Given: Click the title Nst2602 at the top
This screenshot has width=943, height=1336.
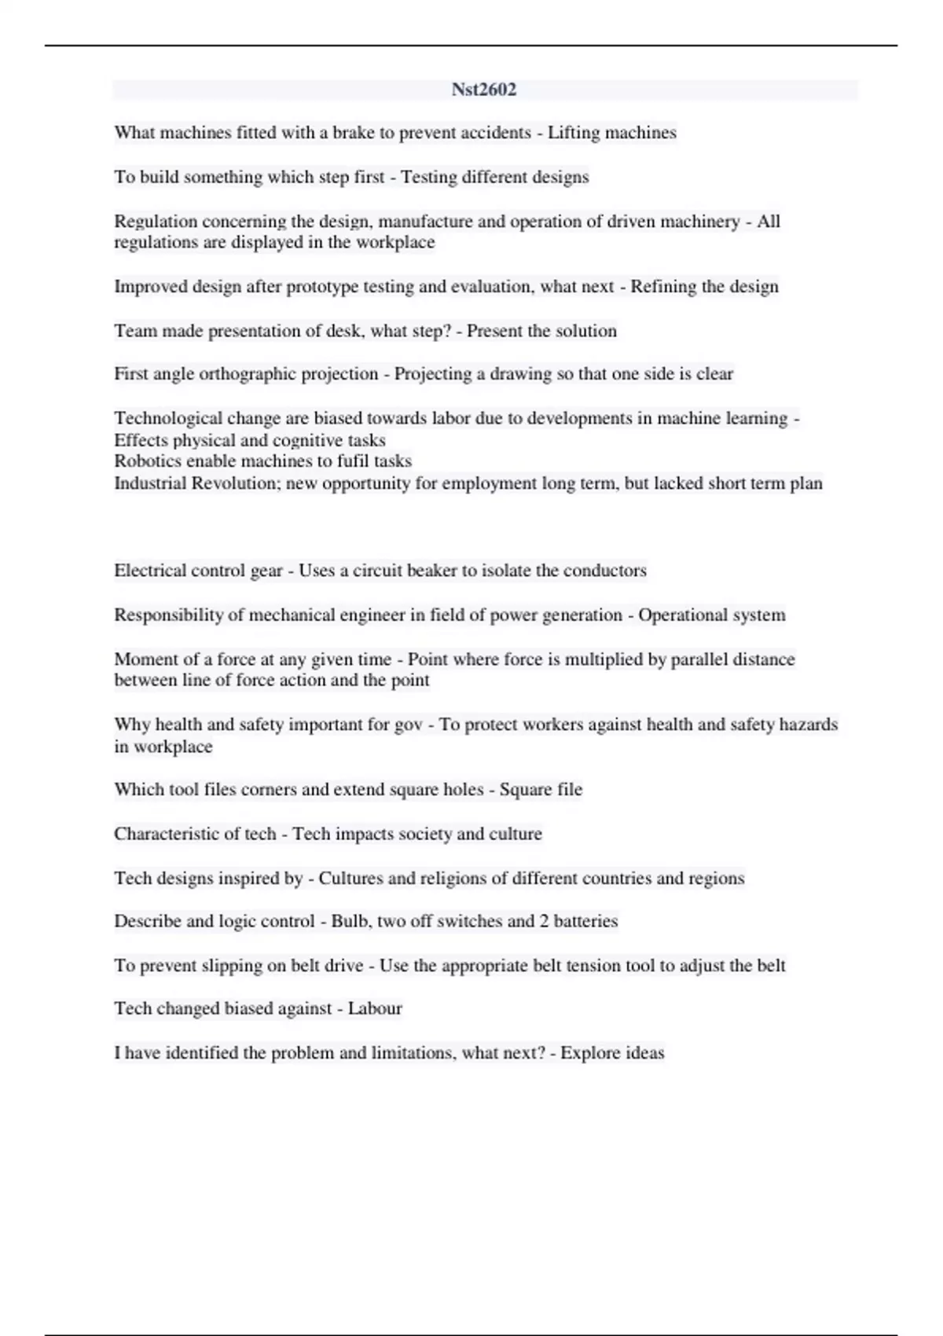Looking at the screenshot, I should (484, 90).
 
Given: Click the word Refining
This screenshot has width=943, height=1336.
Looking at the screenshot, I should (664, 287).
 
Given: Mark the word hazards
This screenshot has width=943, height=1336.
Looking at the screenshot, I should (808, 725).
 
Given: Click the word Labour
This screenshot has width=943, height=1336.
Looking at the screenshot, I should (375, 1009).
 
